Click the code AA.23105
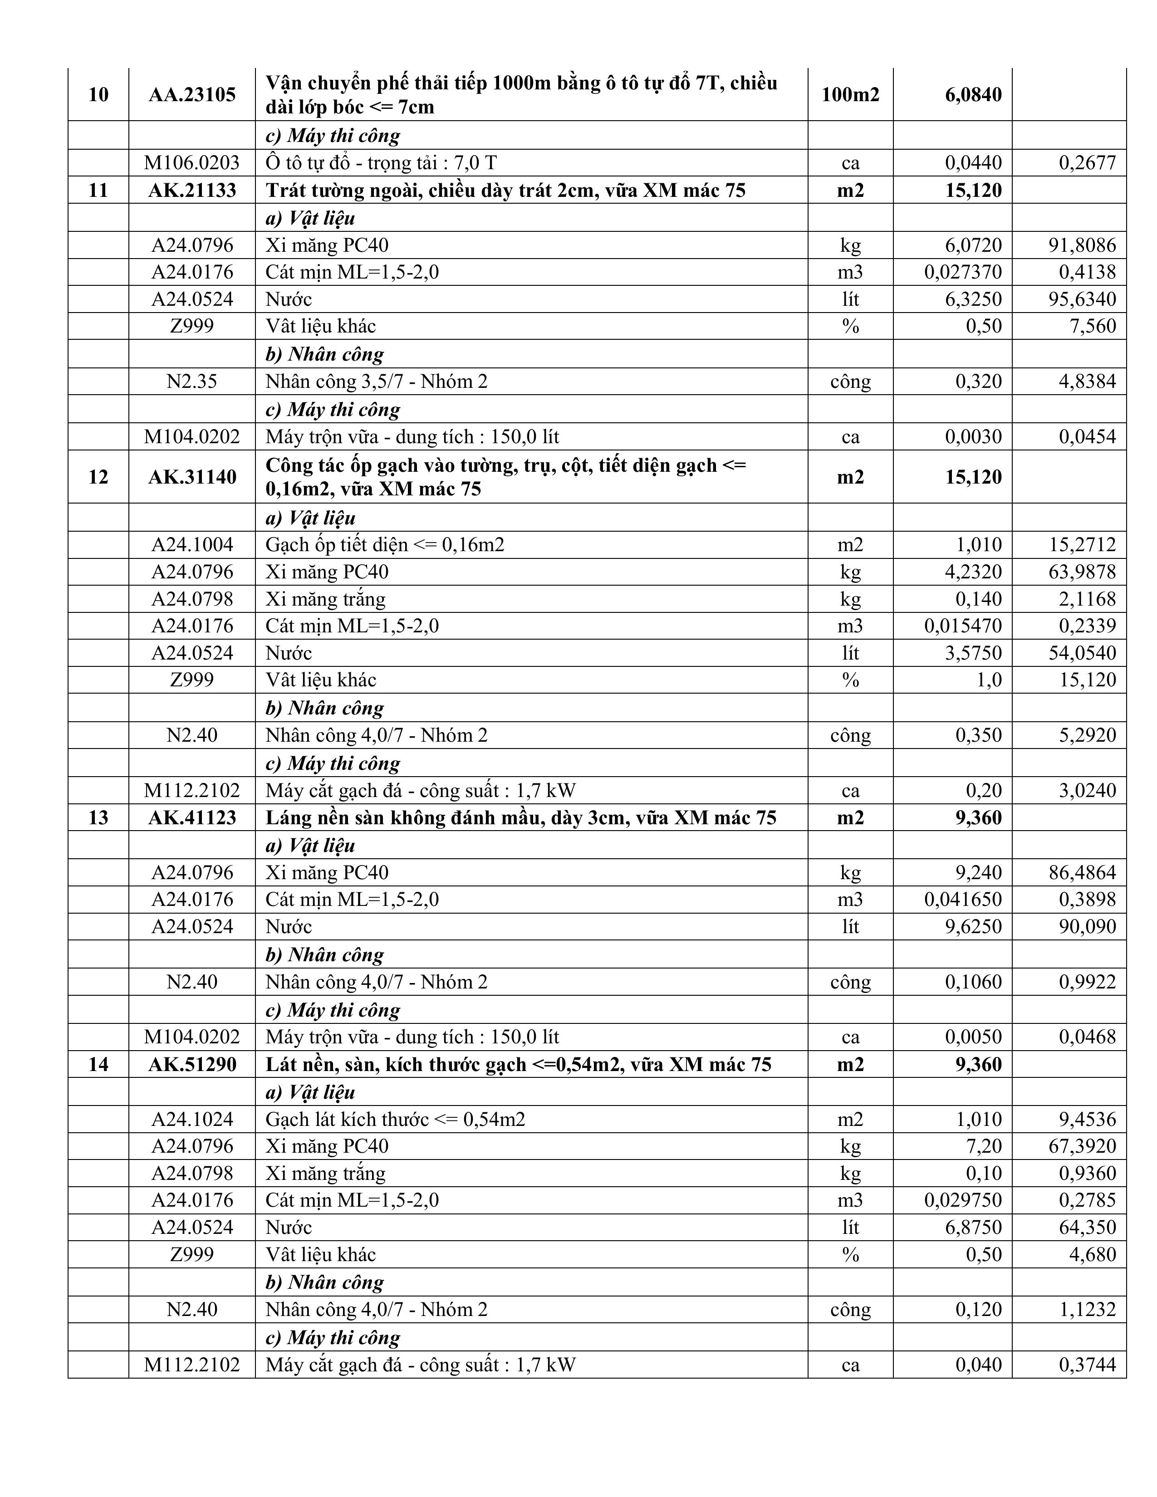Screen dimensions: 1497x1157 coord(192,95)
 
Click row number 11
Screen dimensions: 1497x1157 coord(98,190)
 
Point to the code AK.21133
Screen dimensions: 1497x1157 coord(192,190)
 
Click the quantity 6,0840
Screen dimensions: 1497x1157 coord(973,95)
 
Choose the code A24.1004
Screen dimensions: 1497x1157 coord(192,544)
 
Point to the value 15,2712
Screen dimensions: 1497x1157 coord(1082,544)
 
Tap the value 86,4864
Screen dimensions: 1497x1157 coord(1082,872)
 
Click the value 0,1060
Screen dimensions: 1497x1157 coord(973,982)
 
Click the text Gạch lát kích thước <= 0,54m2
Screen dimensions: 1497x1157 coord(396,1119)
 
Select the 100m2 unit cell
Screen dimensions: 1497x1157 coord(850,95)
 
